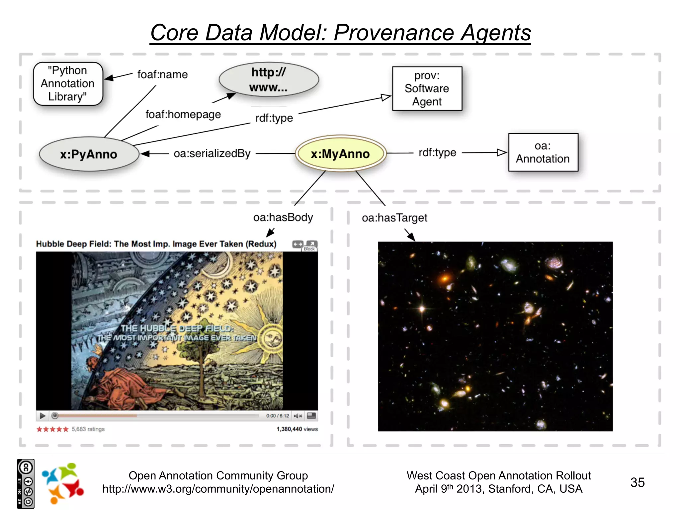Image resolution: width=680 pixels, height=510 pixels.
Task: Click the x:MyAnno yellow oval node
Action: click(x=340, y=154)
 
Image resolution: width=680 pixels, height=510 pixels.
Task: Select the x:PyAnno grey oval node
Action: click(x=89, y=154)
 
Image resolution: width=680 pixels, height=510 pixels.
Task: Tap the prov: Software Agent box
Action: click(x=427, y=89)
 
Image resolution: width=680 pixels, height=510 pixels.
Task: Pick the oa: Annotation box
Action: click(x=543, y=152)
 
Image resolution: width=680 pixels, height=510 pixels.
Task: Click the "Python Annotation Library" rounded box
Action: click(x=68, y=84)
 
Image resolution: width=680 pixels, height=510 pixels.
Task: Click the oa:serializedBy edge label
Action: click(x=212, y=153)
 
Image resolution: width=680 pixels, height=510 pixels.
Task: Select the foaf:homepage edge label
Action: click(x=183, y=115)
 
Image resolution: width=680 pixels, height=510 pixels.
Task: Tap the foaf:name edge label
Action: click(x=162, y=74)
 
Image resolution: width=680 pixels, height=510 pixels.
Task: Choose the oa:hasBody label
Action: click(x=283, y=217)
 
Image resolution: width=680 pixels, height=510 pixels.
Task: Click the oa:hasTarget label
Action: click(x=394, y=218)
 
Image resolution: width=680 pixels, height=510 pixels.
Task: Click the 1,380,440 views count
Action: click(x=297, y=429)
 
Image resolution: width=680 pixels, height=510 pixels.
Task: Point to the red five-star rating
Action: click(x=52, y=429)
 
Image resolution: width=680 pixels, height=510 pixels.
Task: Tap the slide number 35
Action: click(x=637, y=482)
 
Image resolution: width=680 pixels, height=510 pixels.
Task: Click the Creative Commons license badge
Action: click(x=26, y=484)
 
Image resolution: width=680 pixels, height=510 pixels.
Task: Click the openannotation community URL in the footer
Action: click(x=218, y=489)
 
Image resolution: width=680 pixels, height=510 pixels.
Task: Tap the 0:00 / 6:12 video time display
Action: click(x=278, y=416)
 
